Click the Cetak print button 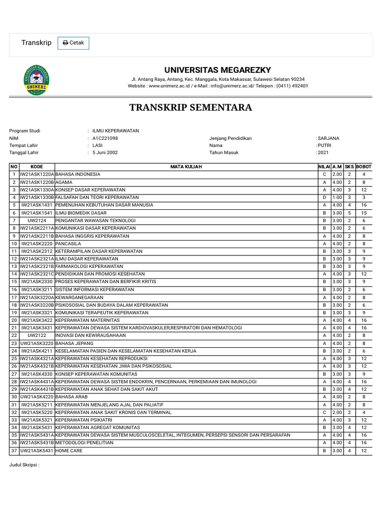click(x=73, y=43)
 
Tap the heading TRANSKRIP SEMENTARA click(x=190, y=108)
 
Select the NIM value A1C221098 click(x=105, y=138)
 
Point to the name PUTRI click(x=324, y=145)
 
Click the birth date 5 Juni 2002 click(x=105, y=153)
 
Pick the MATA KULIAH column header click(x=186, y=167)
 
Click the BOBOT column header click(x=364, y=167)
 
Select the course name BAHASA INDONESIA click(x=78, y=175)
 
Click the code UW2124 click(x=37, y=220)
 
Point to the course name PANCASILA click(x=68, y=244)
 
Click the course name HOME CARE click(x=69, y=451)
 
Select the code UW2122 click(x=37, y=336)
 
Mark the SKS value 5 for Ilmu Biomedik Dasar click(x=349, y=213)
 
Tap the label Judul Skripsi click(x=24, y=465)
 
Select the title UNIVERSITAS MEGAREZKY click(x=218, y=70)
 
